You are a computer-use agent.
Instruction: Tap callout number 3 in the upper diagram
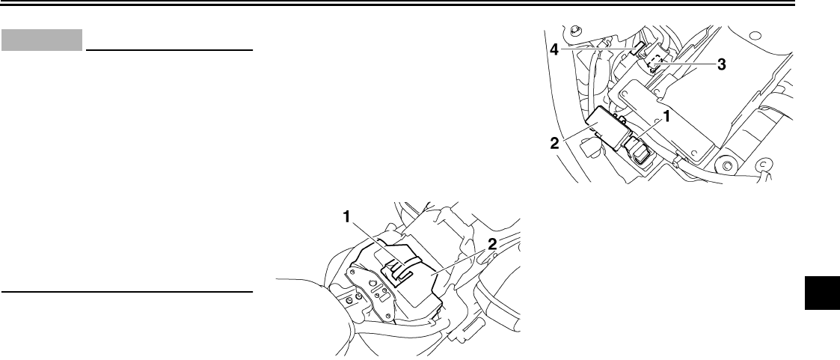tap(721, 65)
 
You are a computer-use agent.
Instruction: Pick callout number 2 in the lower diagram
tap(490, 242)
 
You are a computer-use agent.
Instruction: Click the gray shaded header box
tap(41, 40)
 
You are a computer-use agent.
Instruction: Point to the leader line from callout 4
tap(598, 50)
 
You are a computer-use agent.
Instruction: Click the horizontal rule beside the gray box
tap(169, 52)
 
